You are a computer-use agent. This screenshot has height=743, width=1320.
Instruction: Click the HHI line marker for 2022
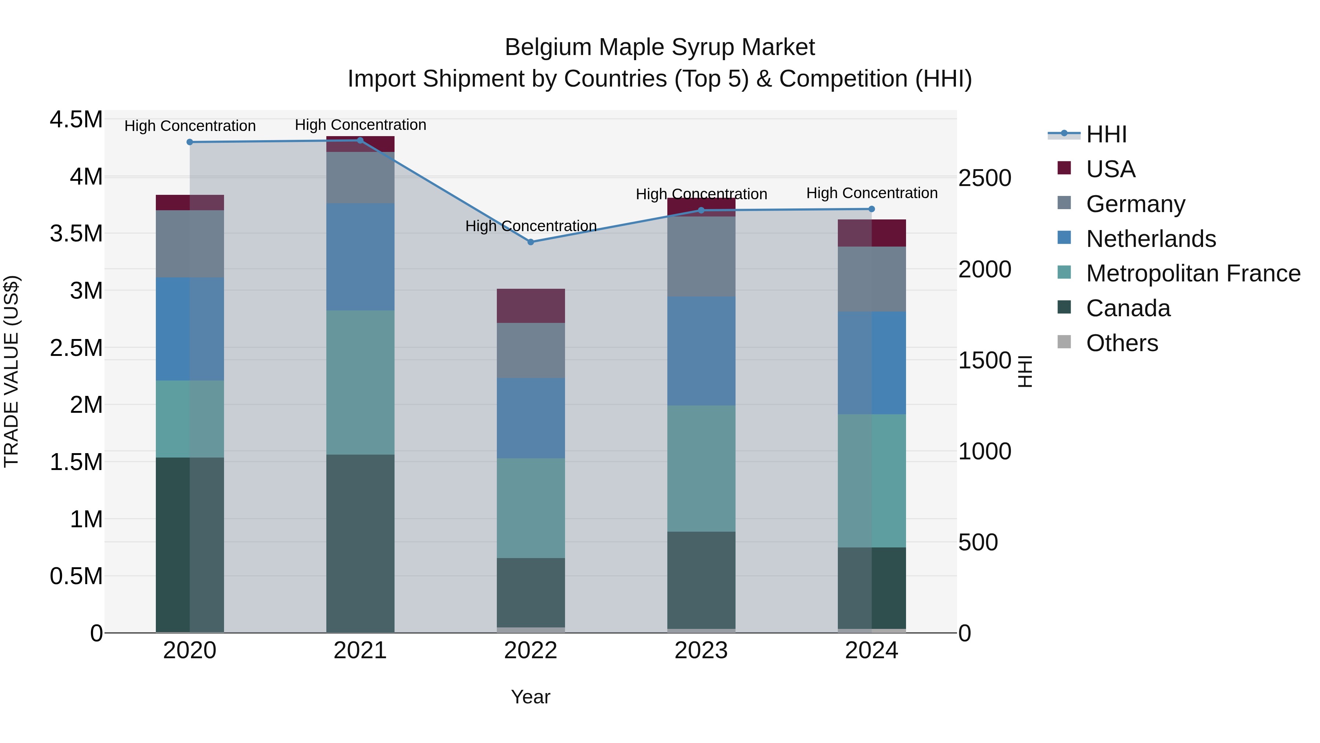click(531, 242)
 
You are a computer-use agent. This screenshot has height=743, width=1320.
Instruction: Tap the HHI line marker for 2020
click(190, 142)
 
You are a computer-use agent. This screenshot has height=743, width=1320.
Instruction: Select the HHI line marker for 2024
click(872, 209)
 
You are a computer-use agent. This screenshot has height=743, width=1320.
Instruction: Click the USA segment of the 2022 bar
click(531, 306)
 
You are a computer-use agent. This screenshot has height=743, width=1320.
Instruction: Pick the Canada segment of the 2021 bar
click(360, 543)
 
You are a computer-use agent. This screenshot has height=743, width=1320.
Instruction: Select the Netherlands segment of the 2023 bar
click(701, 351)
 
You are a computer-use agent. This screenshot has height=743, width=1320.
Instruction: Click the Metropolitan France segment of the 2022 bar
click(531, 508)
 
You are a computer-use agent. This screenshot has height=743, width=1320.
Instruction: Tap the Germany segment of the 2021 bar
click(360, 178)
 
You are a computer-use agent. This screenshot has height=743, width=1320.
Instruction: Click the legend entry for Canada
click(1127, 308)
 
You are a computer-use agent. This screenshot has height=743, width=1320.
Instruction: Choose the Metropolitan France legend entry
click(1192, 273)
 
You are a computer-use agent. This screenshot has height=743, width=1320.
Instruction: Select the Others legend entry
click(1121, 343)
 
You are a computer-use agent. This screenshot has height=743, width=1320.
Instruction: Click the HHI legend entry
click(1106, 134)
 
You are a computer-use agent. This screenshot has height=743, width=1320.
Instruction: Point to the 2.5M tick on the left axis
click(76, 348)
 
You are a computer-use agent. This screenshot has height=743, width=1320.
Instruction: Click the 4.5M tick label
click(76, 120)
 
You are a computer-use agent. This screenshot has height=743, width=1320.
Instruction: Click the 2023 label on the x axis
click(701, 651)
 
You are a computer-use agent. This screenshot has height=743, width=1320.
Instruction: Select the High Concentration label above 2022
click(531, 226)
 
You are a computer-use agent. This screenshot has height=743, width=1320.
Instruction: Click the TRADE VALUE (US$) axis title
click(11, 371)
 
